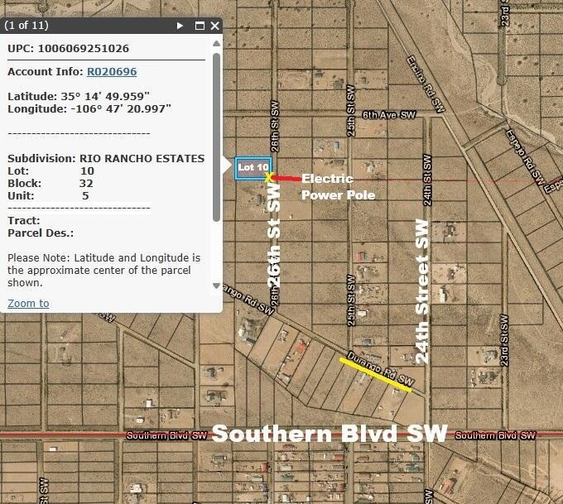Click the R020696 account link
pos(112,72)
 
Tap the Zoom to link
pos(28,304)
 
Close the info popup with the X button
pos(215,26)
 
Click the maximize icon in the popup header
pos(200,26)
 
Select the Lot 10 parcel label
pos(253,167)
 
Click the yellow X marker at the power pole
pos(269,177)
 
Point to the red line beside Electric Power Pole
pos(287,178)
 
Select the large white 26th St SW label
pos(275,236)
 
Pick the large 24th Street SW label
pos(423,291)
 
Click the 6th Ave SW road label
pos(388,116)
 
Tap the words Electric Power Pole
pos(338,187)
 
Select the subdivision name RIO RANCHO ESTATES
pos(142,158)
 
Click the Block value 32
pos(86,183)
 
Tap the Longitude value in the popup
pos(121,108)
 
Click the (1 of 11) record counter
pos(28,26)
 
